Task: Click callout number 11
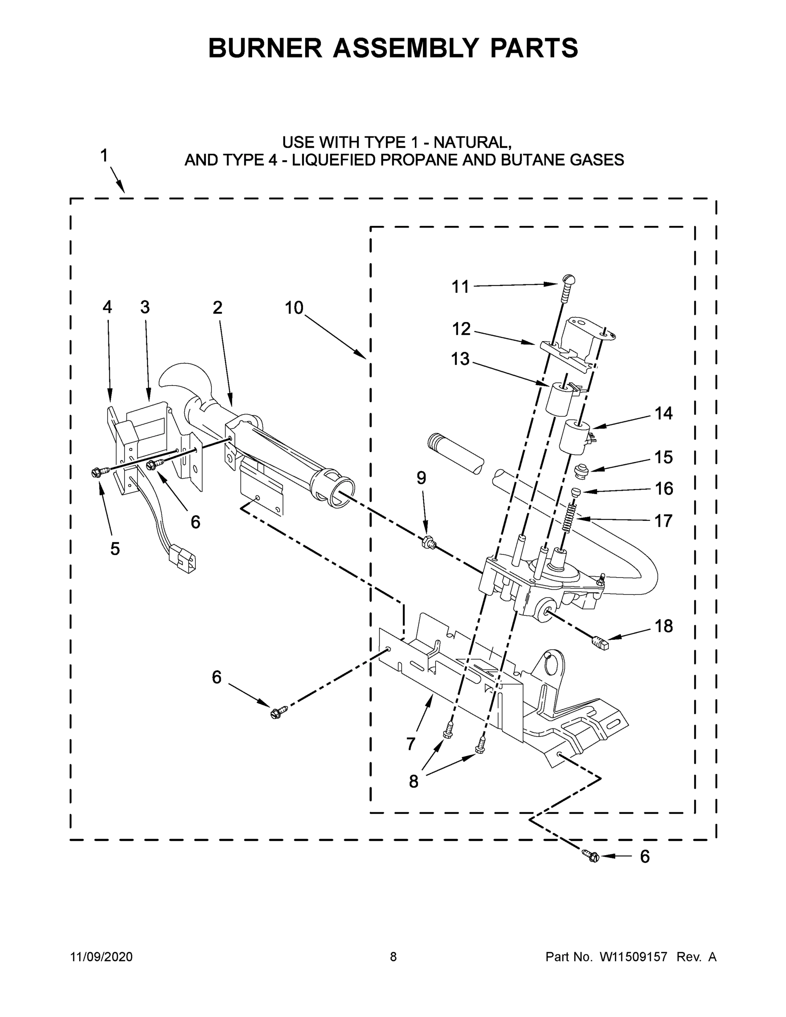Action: pos(460,287)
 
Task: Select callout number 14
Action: pos(664,413)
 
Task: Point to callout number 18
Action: pos(664,626)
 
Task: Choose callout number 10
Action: pos(294,308)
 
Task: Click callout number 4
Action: pos(107,307)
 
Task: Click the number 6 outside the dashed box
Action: pos(644,856)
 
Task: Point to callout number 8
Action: pos(414,781)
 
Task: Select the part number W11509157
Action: pos(633,956)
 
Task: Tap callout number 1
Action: pos(104,156)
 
